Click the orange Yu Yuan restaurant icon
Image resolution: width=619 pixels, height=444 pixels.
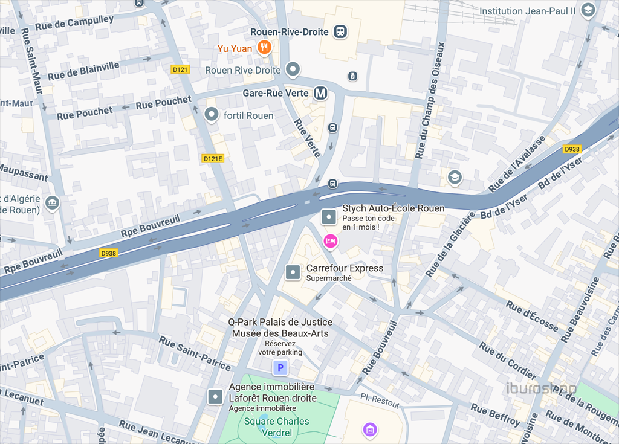pyautogui.click(x=264, y=48)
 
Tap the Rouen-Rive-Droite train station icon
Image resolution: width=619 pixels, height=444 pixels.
pyautogui.click(x=340, y=32)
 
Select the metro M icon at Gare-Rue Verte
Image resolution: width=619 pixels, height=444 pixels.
pyautogui.click(x=320, y=93)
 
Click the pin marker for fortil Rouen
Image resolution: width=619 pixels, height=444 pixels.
pyautogui.click(x=212, y=114)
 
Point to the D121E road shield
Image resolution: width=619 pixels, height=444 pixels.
pyautogui.click(x=213, y=158)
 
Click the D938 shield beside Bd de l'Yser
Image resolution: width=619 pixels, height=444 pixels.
pyautogui.click(x=572, y=149)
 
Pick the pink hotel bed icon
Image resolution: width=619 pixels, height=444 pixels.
pyautogui.click(x=330, y=241)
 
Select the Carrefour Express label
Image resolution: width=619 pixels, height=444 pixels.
pyautogui.click(x=345, y=268)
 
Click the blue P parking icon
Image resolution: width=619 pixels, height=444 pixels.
pyautogui.click(x=279, y=367)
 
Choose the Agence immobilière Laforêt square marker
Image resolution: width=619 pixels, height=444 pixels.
pyautogui.click(x=215, y=396)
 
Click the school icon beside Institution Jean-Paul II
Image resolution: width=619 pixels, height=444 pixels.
pyautogui.click(x=588, y=10)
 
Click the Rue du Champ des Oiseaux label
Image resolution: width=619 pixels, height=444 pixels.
pyautogui.click(x=430, y=100)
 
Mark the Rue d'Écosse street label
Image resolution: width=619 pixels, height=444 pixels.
pyautogui.click(x=532, y=316)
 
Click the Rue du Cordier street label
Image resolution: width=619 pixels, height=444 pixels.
pyautogui.click(x=507, y=360)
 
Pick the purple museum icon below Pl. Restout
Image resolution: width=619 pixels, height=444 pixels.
pyautogui.click(x=370, y=430)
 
